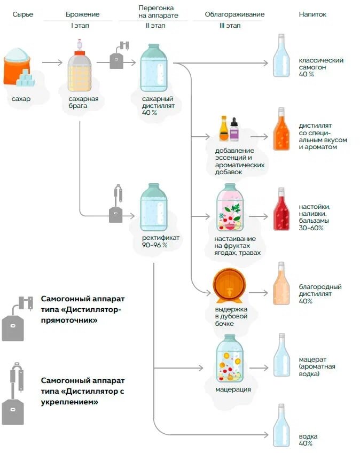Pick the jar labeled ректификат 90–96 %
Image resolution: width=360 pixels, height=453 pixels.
pos(153,208)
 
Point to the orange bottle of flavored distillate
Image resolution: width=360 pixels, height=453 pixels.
pos(281,131)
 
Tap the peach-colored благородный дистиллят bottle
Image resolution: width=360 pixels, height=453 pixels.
pos(281,285)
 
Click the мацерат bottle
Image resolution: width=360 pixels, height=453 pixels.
pos(281,357)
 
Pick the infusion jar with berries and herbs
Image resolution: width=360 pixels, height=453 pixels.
pos(230,208)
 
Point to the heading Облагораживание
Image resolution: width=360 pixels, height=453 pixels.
pos(234,14)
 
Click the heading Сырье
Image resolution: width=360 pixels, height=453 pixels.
pos(23,14)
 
